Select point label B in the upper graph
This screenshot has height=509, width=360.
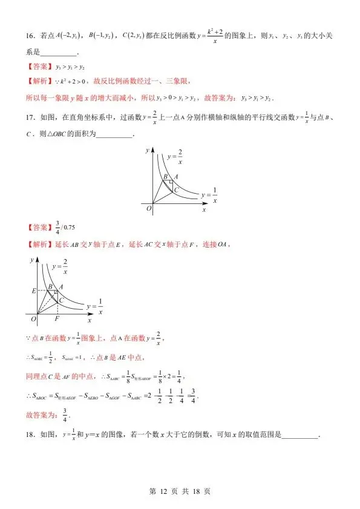coord(165,177)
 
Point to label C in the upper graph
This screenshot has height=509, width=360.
coord(175,190)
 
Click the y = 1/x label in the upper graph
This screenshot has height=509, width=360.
coord(209,195)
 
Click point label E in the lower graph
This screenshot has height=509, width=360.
coord(34,291)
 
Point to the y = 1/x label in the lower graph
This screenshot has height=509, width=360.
coord(95,306)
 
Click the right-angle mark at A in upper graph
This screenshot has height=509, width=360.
coord(171,182)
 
